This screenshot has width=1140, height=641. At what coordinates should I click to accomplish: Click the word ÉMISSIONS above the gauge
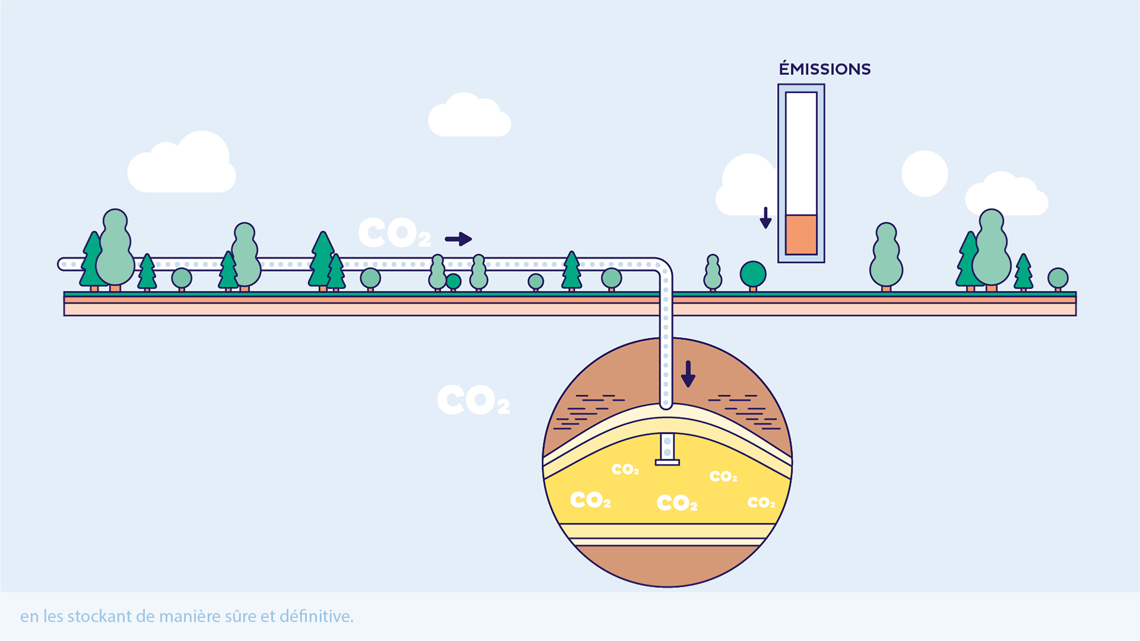tap(825, 69)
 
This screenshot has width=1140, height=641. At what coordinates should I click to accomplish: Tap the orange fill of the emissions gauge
tap(801, 234)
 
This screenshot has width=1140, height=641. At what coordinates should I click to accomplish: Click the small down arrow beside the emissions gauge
tap(765, 218)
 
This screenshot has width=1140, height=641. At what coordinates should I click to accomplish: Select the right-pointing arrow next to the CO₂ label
tap(458, 239)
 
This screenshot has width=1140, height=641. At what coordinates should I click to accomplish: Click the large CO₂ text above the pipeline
tap(394, 233)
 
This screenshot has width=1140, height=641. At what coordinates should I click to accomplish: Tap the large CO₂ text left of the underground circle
tap(473, 400)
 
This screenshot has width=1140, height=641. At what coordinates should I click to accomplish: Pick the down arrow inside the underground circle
tap(688, 374)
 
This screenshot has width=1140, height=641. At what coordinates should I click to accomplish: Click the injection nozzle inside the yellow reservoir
tap(667, 451)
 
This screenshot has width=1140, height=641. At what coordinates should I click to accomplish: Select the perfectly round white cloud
tap(924, 173)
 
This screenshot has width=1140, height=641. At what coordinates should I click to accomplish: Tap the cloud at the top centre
tap(469, 116)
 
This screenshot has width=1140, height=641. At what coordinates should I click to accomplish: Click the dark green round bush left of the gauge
tap(753, 274)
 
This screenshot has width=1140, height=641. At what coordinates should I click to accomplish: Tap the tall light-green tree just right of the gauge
tap(886, 256)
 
